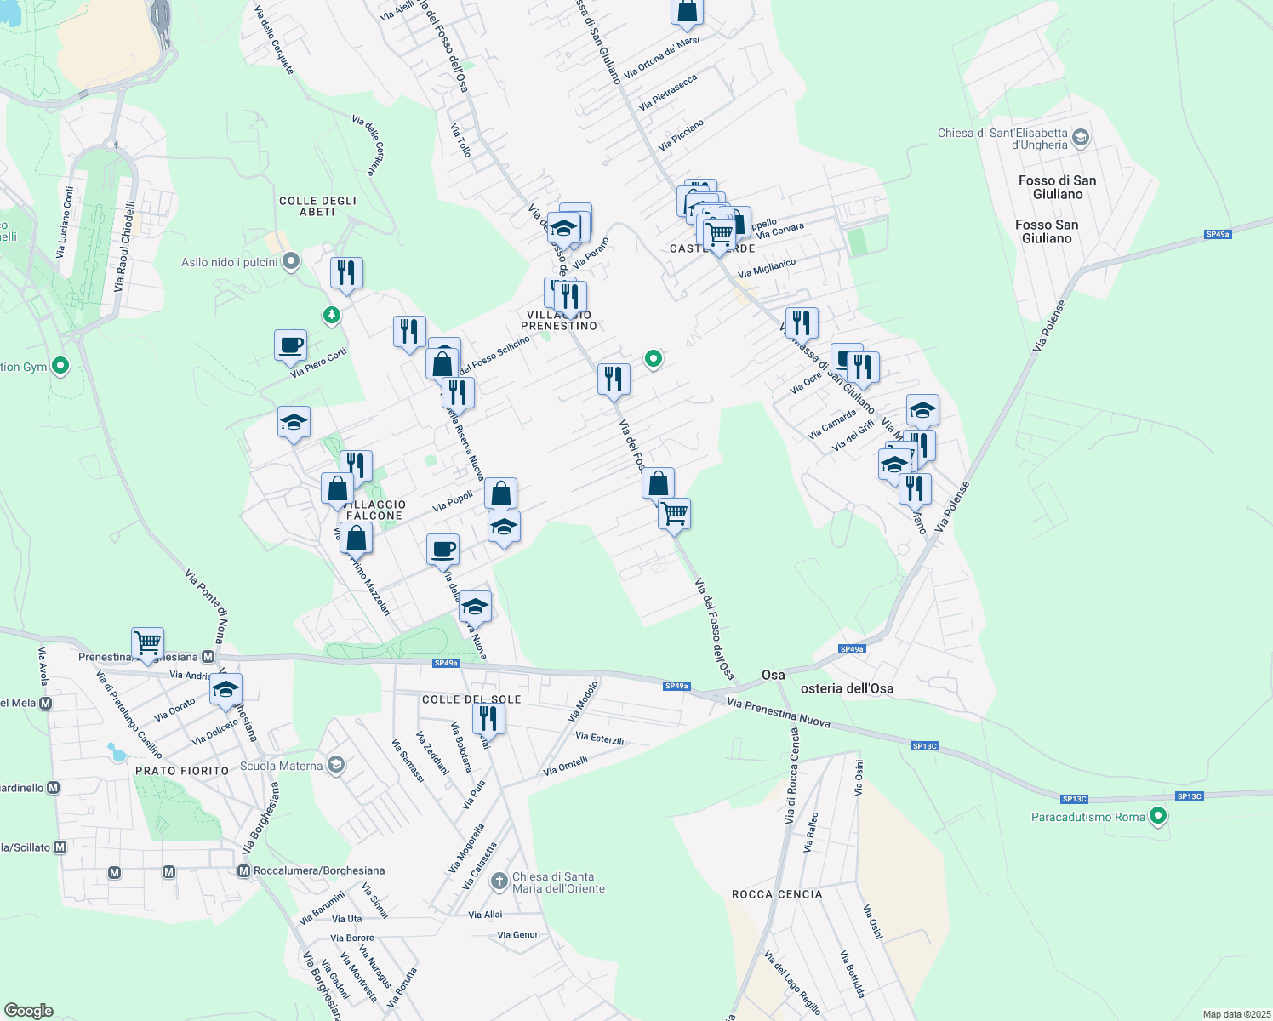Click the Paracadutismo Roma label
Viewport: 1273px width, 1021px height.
click(x=1087, y=817)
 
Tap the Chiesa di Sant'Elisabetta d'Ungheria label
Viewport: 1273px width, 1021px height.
click(x=1002, y=139)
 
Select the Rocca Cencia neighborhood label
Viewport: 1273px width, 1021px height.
click(x=777, y=894)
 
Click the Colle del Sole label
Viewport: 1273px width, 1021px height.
click(x=471, y=699)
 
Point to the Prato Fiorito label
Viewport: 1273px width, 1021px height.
click(x=182, y=771)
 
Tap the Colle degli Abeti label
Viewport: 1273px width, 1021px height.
click(x=317, y=206)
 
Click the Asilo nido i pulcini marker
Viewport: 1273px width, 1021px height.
click(x=291, y=261)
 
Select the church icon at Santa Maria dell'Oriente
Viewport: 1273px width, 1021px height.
click(x=499, y=881)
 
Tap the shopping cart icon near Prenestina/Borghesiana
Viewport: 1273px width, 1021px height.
click(x=148, y=642)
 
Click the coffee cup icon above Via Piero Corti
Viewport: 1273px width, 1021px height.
click(x=291, y=345)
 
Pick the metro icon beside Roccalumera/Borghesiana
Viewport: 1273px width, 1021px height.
click(x=244, y=870)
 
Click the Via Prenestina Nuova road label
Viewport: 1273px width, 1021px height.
click(x=779, y=713)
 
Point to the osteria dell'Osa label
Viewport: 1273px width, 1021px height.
click(x=847, y=688)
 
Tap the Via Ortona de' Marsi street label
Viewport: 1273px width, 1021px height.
click(x=661, y=58)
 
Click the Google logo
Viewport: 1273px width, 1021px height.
click(x=28, y=1011)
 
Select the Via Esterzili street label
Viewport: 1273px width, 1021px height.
click(x=599, y=738)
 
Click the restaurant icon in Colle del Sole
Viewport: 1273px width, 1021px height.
click(x=488, y=717)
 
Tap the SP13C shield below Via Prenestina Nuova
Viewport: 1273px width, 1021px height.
click(x=924, y=746)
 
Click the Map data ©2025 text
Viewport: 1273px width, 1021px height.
click(x=1236, y=1014)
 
